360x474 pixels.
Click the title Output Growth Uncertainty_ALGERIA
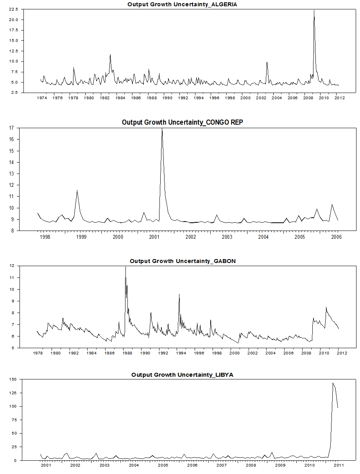(x=182, y=4)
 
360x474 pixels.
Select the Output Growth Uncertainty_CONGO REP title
(x=182, y=122)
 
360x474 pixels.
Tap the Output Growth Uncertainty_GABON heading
(x=183, y=261)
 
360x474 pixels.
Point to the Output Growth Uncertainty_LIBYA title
(x=182, y=375)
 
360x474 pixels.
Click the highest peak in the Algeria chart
(x=314, y=11)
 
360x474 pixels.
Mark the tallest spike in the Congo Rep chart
(x=162, y=129)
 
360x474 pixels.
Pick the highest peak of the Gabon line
(x=125, y=267)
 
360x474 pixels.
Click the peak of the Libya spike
(x=333, y=383)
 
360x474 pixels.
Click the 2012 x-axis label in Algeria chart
(x=339, y=98)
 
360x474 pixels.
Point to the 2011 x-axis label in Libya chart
(x=339, y=465)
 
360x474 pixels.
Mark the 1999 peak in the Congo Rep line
(x=77, y=190)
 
